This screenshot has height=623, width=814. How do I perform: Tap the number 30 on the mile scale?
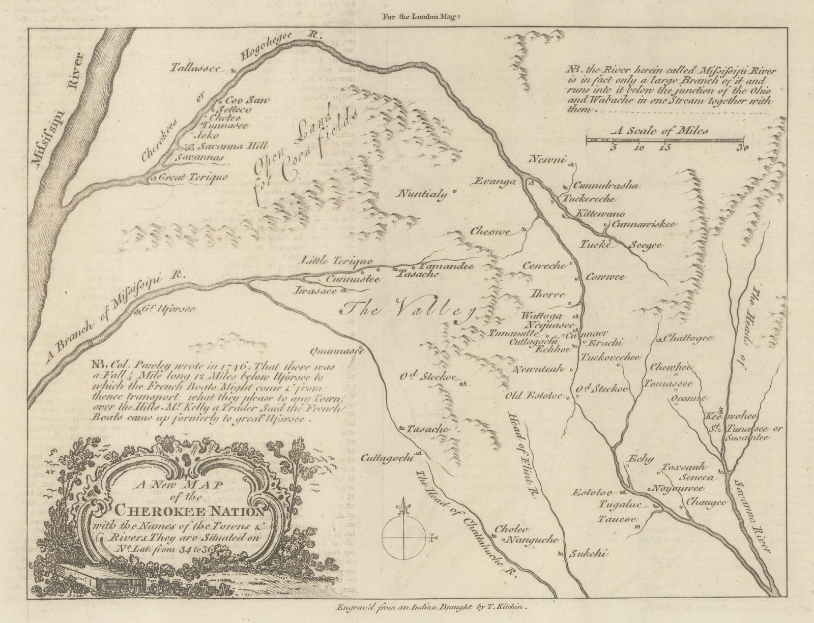pyautogui.click(x=742, y=148)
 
